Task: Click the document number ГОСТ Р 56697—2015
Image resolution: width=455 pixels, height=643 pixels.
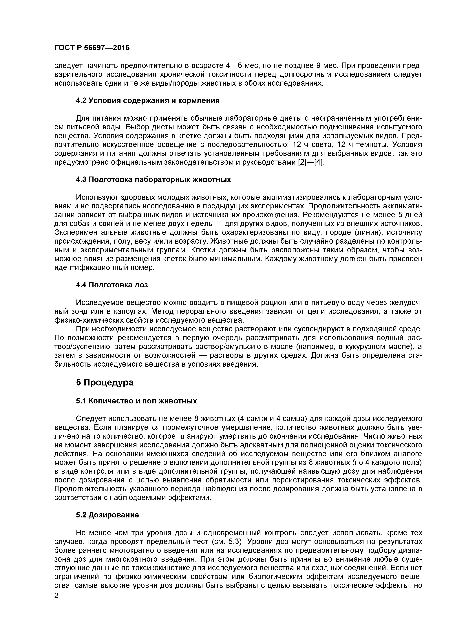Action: click(92, 48)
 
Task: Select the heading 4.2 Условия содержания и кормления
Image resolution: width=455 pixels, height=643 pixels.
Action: click(148, 101)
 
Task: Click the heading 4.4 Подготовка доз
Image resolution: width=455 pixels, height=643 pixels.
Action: click(112, 285)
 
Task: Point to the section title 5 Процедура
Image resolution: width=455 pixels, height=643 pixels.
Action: click(105, 383)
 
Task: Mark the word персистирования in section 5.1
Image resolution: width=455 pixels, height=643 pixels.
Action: click(304, 480)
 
